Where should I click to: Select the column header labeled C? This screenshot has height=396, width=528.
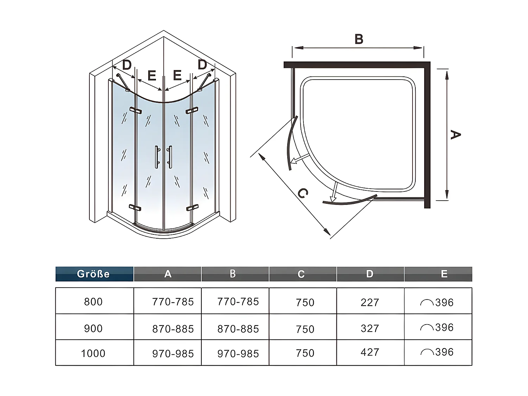pyautogui.click(x=301, y=274)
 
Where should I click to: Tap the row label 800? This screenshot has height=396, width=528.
pyautogui.click(x=93, y=302)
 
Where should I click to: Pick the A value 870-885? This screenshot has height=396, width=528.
pyautogui.click(x=173, y=329)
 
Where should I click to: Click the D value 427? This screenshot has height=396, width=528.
pyautogui.click(x=370, y=352)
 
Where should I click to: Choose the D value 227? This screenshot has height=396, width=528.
pyautogui.click(x=370, y=302)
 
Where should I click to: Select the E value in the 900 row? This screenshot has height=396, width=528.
pyautogui.click(x=437, y=328)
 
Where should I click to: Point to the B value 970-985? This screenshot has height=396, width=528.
pyautogui.click(x=238, y=353)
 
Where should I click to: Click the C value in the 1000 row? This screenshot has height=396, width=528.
pyautogui.click(x=305, y=353)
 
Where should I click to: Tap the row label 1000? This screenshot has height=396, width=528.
pyautogui.click(x=93, y=353)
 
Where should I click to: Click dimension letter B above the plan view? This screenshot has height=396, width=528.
pyautogui.click(x=359, y=39)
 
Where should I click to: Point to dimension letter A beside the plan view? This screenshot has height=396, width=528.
pyautogui.click(x=455, y=134)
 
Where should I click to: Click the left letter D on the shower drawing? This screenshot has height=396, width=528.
pyautogui.click(x=127, y=65)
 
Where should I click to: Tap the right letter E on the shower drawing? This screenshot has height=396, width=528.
pyautogui.click(x=177, y=75)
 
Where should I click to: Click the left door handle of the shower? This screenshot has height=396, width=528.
pyautogui.click(x=157, y=157)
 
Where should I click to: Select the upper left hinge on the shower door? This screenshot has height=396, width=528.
pyautogui.click(x=135, y=111)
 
